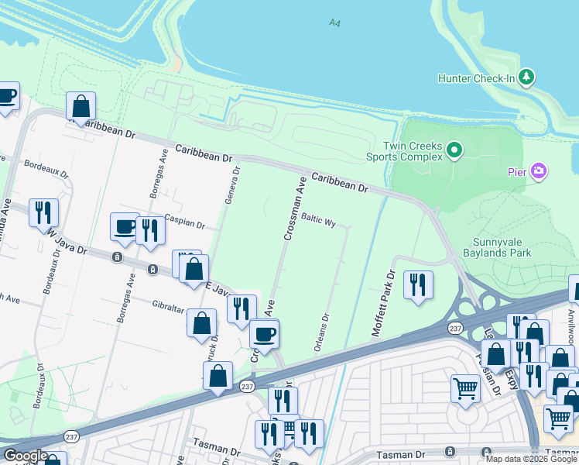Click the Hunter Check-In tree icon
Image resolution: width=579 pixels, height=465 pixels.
[x=527, y=77]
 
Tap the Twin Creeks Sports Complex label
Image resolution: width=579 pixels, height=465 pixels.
[x=402, y=152]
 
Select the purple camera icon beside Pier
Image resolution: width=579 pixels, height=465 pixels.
[x=540, y=170]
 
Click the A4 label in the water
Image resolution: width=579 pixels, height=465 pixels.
[x=334, y=23]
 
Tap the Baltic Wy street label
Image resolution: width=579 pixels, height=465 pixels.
[x=318, y=220]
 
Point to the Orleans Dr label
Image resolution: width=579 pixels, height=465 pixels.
[x=323, y=332]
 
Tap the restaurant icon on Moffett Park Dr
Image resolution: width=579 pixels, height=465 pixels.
[x=419, y=284]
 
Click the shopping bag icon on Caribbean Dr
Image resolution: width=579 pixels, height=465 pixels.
[x=81, y=106]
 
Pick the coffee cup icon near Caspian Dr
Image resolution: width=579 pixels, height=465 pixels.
[x=125, y=226]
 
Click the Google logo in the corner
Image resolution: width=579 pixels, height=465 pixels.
[x=25, y=455]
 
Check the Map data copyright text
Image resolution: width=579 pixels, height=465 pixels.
[x=531, y=459]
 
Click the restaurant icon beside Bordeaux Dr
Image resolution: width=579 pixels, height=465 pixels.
[x=43, y=212]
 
